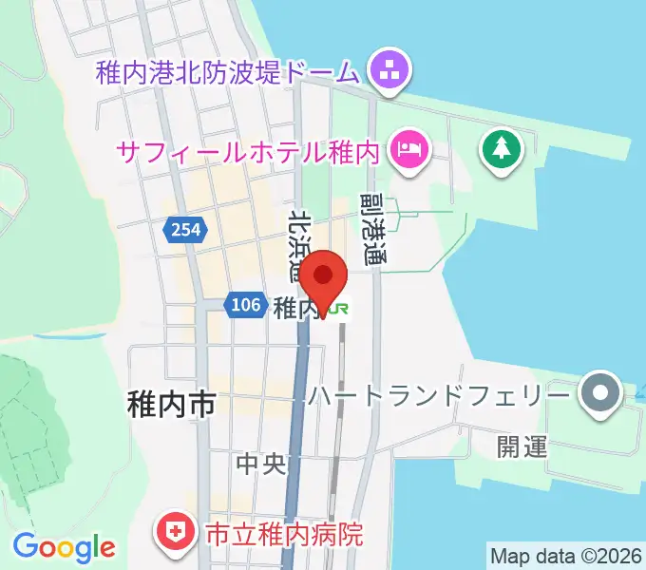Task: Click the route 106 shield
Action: (245, 304)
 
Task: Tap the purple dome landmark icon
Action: (388, 69)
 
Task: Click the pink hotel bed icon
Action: (409, 148)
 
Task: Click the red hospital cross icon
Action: (176, 531)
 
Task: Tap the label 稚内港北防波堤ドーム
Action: (228, 72)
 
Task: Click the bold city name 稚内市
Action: (171, 405)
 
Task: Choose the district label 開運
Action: (522, 447)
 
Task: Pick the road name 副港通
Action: (373, 228)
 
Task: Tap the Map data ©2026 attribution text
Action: (564, 555)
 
